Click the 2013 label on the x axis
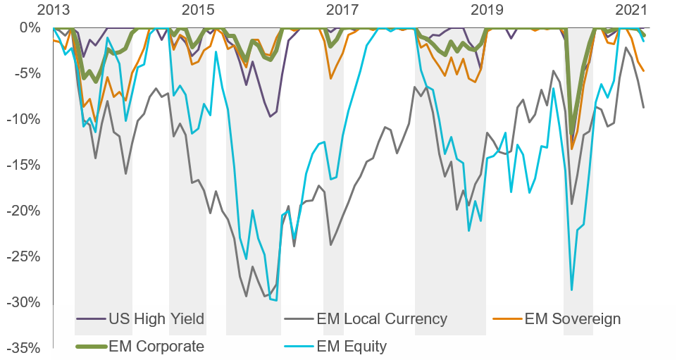[x=53, y=10]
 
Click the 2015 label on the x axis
[x=198, y=10]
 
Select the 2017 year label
[x=342, y=10]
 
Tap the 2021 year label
[x=631, y=10]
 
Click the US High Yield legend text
[x=156, y=319]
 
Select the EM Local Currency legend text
[x=382, y=319]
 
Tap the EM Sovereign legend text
[x=573, y=319]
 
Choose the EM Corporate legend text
[x=156, y=347]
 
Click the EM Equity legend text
[x=352, y=347]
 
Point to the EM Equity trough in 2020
[x=571, y=290]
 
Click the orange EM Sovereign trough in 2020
[x=571, y=149]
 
